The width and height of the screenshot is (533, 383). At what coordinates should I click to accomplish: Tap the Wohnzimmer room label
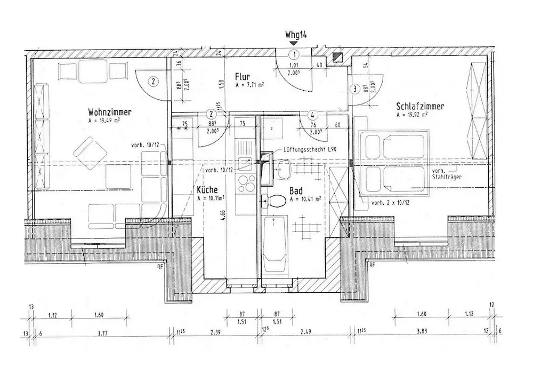coord(110,112)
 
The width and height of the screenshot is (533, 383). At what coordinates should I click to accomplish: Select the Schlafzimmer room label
coord(419,107)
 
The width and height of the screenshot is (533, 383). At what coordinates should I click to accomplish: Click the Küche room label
coord(207,190)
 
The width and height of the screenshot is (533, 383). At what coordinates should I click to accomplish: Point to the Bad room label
coord(296,190)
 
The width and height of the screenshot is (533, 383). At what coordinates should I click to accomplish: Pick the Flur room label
coord(243,76)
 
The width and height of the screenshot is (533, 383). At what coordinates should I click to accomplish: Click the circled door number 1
coord(294,54)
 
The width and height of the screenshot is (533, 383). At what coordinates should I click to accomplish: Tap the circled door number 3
coord(353,90)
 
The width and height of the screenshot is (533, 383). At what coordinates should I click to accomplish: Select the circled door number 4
coord(313,114)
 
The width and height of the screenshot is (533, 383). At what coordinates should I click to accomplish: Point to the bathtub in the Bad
coord(276,243)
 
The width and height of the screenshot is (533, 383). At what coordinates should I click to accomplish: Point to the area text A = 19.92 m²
coord(413,114)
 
